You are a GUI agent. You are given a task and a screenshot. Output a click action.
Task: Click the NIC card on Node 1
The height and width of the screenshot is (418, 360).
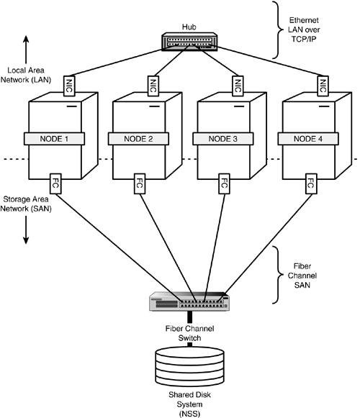tap(71, 85)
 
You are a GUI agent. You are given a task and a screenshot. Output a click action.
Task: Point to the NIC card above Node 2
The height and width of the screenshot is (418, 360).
tap(155, 85)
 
